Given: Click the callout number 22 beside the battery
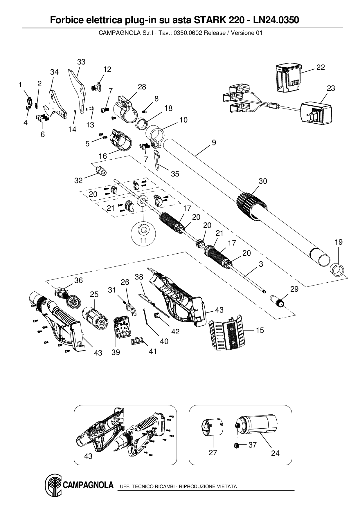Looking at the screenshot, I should point(321,67).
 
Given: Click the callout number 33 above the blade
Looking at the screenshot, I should point(81,62).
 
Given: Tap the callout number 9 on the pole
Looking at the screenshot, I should point(214,142).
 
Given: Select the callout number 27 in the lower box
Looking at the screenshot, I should point(213,453).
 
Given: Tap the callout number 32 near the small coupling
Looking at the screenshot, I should point(78,180).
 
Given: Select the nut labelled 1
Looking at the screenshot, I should point(29,101).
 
